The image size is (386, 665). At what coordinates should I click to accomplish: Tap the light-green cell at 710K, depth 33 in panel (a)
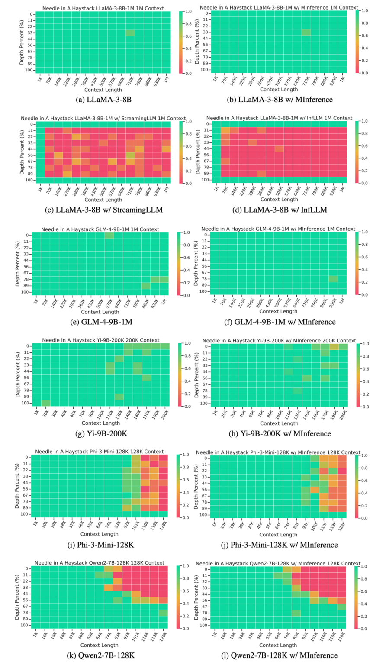coord(130,33)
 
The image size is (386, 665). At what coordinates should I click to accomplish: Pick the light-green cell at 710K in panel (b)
coord(306,32)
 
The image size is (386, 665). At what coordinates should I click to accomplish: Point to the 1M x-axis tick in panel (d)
coord(343,189)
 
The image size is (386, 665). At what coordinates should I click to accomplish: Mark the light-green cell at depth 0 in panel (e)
coord(109,236)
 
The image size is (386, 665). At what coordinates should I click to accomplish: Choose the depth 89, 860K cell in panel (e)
coord(146,286)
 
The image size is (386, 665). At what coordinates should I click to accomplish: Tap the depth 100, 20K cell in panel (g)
coord(45,403)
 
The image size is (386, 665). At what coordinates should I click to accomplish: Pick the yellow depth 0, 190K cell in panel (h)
coord(334,346)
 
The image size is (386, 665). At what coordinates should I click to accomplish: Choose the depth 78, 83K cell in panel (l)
coord(296,613)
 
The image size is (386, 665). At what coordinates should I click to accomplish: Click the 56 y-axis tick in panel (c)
coord(27,155)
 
